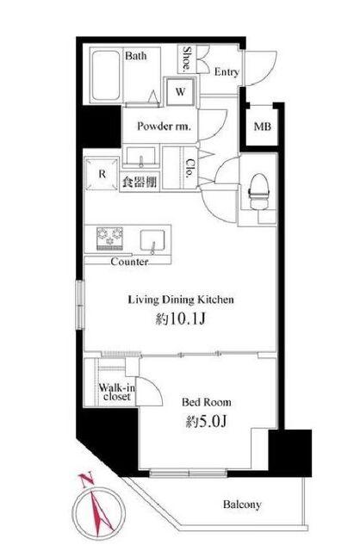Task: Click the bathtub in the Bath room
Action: pyautogui.click(x=105, y=75)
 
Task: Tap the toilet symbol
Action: pyautogui.click(x=259, y=191)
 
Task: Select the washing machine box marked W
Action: pyautogui.click(x=180, y=91)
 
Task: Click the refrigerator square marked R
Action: pyautogui.click(x=102, y=174)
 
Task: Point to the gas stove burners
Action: pyautogui.click(x=110, y=238)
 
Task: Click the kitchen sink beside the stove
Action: pyautogui.click(x=152, y=240)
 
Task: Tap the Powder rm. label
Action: pyautogui.click(x=164, y=127)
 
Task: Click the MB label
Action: pyautogui.click(x=263, y=127)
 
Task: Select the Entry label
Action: pyautogui.click(x=227, y=72)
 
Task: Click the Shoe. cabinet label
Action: pyautogui.click(x=187, y=58)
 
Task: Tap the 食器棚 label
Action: pyautogui.click(x=140, y=182)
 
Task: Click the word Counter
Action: pyautogui.click(x=129, y=262)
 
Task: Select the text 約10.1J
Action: pyautogui.click(x=180, y=319)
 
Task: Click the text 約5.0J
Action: pyautogui.click(x=207, y=421)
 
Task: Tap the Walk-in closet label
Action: pyautogui.click(x=117, y=393)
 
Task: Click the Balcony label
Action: pyautogui.click(x=242, y=505)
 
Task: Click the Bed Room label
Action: pyautogui.click(x=207, y=402)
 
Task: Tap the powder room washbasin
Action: pyautogui.click(x=140, y=156)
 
